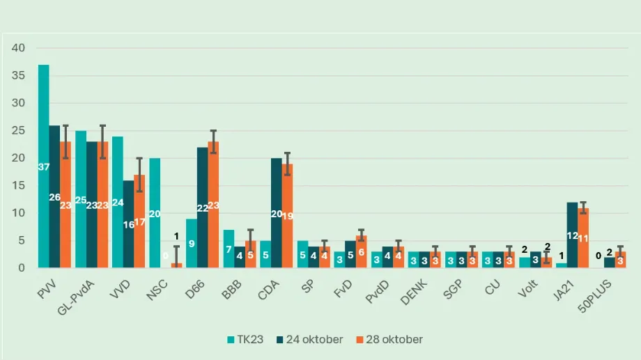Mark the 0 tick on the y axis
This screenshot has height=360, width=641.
[22, 268]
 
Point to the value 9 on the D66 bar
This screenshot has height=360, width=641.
[192, 244]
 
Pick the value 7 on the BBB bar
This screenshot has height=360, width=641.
[229, 249]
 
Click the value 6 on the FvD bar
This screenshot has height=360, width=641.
[362, 251]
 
